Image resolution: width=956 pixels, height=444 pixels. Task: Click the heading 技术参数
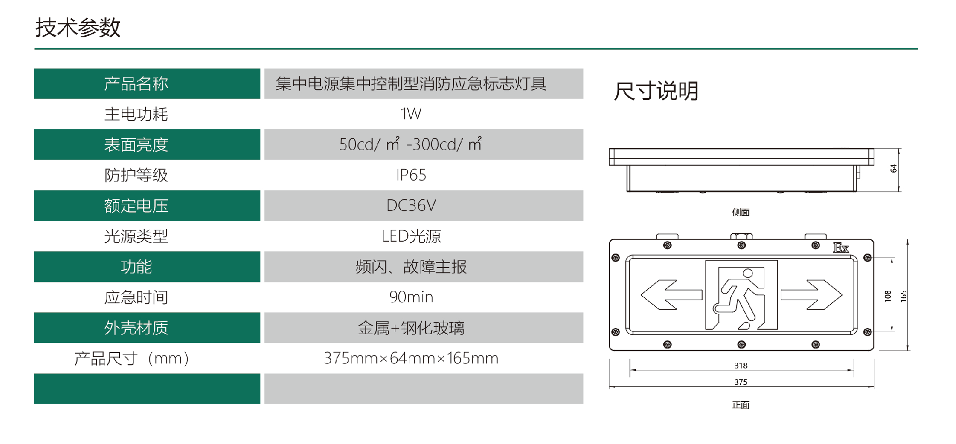click(78, 27)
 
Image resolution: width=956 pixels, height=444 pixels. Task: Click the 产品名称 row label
click(136, 84)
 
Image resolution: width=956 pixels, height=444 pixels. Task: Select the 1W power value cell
click(411, 114)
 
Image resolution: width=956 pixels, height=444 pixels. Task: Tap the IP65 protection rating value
click(411, 175)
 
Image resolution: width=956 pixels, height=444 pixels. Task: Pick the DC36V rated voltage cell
click(411, 205)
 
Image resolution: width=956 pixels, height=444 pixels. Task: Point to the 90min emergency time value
click(411, 297)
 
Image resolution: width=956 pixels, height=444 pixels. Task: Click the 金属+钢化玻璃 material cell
click(411, 328)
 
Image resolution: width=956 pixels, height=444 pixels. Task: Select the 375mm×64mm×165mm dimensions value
click(411, 358)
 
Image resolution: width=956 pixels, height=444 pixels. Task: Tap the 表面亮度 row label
click(136, 145)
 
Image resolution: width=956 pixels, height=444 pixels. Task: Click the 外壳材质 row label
click(136, 328)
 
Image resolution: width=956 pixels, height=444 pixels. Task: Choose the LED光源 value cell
click(411, 236)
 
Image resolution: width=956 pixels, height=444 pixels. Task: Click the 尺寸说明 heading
click(656, 91)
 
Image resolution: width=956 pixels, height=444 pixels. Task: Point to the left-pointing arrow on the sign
click(671, 295)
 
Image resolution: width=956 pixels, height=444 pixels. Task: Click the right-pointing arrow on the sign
click(812, 295)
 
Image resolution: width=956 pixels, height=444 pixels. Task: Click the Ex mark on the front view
click(841, 248)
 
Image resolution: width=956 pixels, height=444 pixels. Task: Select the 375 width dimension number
click(741, 382)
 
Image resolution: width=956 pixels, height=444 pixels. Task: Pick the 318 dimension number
click(741, 365)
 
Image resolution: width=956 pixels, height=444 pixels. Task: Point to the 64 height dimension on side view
click(893, 169)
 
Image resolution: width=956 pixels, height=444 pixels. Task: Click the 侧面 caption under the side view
click(741, 212)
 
